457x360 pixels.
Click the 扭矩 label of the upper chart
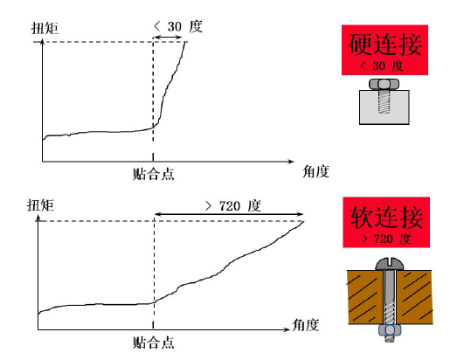coord(45,28)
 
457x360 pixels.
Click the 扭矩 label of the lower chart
coord(40,205)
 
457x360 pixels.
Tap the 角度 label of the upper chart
coord(316,171)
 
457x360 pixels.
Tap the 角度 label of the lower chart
coord(306,325)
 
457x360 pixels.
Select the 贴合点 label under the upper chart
coord(154,174)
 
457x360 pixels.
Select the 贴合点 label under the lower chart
coord(154,343)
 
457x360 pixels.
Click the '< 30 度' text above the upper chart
coord(177,26)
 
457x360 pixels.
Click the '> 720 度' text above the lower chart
coord(233,206)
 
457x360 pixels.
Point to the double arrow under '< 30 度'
coord(168,38)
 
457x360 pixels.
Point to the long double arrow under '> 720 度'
coord(229,214)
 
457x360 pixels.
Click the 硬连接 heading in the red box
coord(385,44)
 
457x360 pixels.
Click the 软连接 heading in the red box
coord(386,217)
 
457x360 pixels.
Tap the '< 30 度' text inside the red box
coord(382,66)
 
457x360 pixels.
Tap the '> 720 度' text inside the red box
coord(386,239)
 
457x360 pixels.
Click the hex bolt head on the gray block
coord(384,84)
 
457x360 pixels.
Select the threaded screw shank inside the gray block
coord(384,101)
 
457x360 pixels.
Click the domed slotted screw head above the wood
coord(390,264)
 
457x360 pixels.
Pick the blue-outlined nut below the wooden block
coord(390,330)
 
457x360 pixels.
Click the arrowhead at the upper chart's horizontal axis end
coord(291,162)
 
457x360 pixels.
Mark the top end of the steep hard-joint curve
coord(185,42)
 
